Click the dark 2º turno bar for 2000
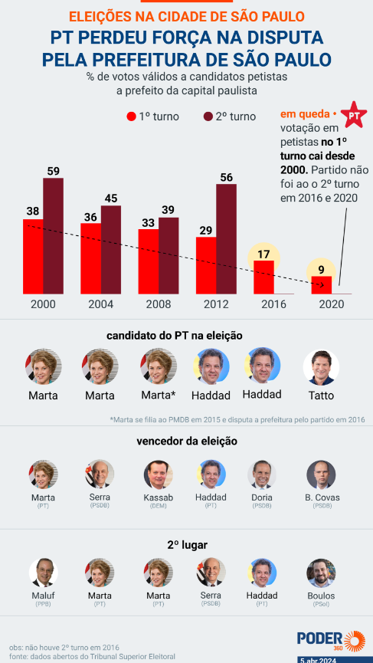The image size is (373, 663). click(53, 236)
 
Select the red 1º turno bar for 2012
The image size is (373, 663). click(206, 265)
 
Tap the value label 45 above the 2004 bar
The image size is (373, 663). click(111, 199)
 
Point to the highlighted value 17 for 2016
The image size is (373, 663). click(263, 254)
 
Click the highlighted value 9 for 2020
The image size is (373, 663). click(321, 269)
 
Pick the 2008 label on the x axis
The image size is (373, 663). click(159, 304)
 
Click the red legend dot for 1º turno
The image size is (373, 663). click(132, 117)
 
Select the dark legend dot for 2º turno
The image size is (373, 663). click(208, 117)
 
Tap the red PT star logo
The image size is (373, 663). click(354, 114)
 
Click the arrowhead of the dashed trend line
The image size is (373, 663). click(322, 285)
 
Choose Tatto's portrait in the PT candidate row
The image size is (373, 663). click(321, 367)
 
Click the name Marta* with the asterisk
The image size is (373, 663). click(159, 396)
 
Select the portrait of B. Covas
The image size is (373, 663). click(321, 474)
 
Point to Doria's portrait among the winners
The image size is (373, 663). click(262, 474)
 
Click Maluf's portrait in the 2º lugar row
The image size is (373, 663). click(44, 573)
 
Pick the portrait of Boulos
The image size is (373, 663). click(321, 573)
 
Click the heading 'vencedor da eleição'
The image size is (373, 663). click(187, 441)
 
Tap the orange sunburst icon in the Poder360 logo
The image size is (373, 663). click(355, 642)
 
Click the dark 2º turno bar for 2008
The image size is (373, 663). click(169, 256)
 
